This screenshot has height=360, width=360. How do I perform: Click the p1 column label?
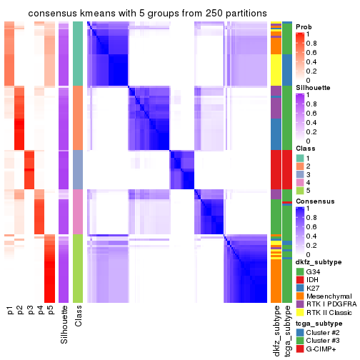click(10, 310)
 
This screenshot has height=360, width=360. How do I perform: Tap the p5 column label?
click(50, 310)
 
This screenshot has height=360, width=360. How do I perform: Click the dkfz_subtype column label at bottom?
click(276, 328)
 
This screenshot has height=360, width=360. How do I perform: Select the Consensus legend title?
click(314, 202)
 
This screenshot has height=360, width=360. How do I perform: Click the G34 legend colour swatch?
click(299, 271)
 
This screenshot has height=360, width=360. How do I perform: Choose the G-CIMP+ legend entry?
click(322, 350)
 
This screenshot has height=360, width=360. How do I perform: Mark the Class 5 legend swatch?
click(299, 191)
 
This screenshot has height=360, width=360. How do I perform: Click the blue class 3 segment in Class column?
click(78, 169)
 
